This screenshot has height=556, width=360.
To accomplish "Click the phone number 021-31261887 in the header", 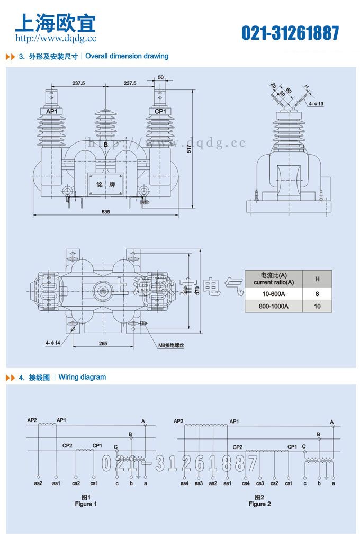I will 290,33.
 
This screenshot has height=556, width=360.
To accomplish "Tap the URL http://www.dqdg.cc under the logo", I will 56,38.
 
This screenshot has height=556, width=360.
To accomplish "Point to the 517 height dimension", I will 189,149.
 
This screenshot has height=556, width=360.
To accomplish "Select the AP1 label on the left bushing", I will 51,112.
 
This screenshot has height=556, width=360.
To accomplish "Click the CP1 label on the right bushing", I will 160,112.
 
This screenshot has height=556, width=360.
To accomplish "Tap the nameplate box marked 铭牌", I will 105,185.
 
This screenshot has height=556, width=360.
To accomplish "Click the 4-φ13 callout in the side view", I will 316,104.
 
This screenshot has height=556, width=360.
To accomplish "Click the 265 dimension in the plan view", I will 103,344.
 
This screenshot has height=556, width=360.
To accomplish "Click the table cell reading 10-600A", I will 273,293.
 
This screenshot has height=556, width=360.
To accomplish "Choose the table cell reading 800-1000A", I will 273,306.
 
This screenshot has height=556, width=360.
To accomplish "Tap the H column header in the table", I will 317,279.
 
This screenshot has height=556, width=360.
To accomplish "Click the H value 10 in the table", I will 317,306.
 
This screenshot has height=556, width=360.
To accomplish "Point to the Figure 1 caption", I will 86,504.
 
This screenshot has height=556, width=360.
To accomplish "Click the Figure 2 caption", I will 259,504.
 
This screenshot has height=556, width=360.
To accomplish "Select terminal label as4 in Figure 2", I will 184,483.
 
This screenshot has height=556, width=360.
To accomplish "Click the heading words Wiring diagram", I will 82,378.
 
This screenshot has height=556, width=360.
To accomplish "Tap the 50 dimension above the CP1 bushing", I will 160,77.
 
